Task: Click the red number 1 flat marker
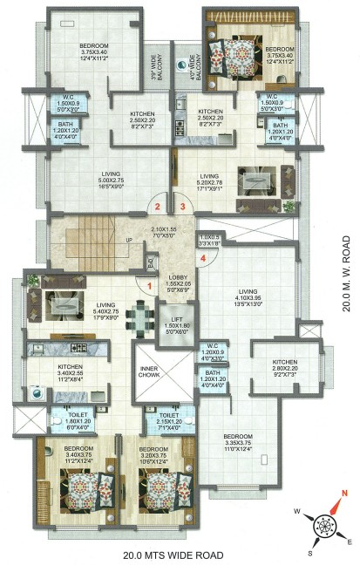point(149,284)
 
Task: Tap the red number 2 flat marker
point(158,207)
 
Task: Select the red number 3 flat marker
point(183,207)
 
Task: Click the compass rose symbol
point(325,524)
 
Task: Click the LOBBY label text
point(177,277)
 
